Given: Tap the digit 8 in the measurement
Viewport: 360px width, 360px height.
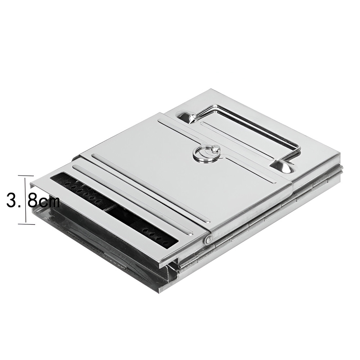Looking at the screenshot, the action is pos(33,200).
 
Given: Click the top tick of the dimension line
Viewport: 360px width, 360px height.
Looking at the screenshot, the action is pos(26,176).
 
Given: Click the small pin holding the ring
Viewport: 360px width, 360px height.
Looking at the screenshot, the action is pos(215,149).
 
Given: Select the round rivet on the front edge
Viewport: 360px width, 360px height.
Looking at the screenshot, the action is pos(208,240).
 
